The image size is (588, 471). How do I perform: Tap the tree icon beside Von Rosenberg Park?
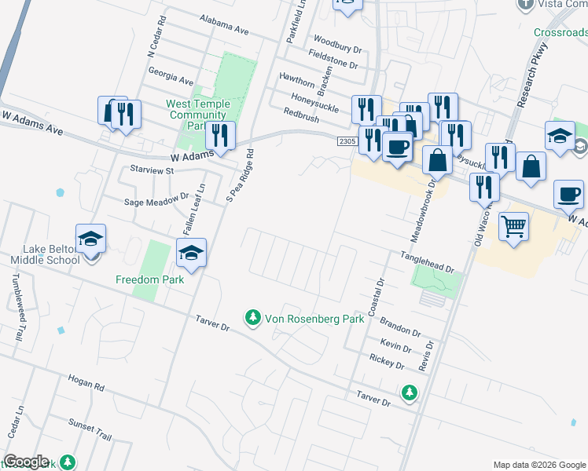click(x=253, y=318)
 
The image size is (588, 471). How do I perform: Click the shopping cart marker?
click(x=513, y=226)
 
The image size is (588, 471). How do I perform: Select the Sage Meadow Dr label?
click(x=157, y=201)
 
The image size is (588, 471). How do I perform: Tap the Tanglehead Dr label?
click(x=428, y=262)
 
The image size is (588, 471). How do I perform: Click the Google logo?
click(x=25, y=462)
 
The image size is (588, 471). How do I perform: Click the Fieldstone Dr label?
click(x=333, y=60)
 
